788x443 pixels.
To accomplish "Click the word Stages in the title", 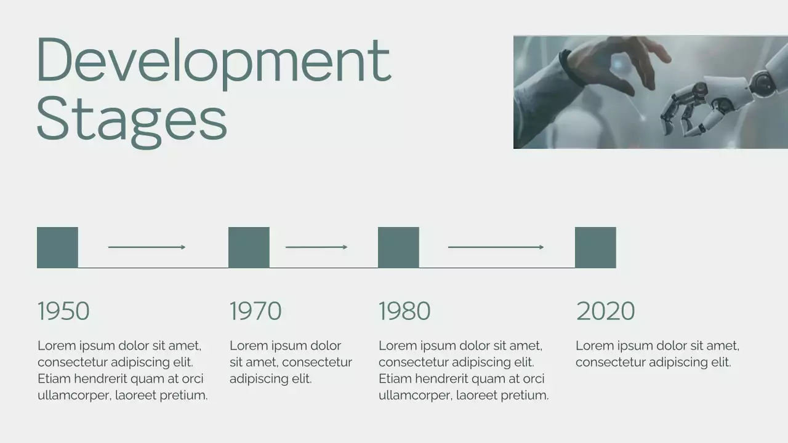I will tap(132, 119).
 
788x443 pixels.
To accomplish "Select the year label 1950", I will tap(63, 311).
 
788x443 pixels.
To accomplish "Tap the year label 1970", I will tap(255, 311).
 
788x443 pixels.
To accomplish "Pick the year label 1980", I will tap(404, 311).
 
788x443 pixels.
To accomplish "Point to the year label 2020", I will tap(605, 311).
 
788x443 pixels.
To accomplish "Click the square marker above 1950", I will tap(57, 247).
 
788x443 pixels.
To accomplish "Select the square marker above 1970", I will tap(249, 247).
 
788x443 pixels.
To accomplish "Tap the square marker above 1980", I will tap(398, 247).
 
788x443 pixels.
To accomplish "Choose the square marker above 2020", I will tap(595, 247).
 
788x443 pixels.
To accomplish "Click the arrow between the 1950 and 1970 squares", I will tap(147, 247).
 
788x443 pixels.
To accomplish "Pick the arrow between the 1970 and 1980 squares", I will tap(316, 247).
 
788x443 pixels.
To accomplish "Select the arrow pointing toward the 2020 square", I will tap(496, 247).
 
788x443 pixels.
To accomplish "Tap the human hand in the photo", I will tap(616, 62).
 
